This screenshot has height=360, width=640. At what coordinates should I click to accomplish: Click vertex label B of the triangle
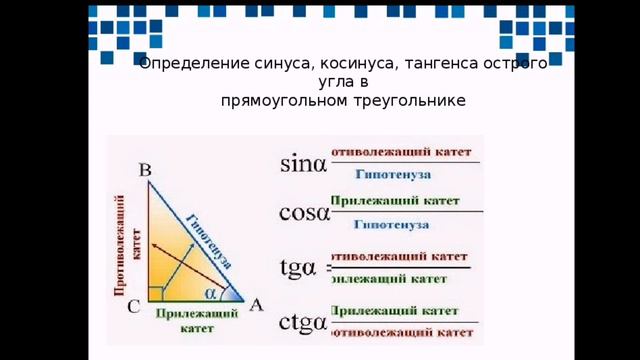[x=145, y=171]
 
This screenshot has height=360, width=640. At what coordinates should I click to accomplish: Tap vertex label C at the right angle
[x=133, y=309]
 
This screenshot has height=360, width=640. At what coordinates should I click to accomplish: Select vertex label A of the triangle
[x=255, y=306]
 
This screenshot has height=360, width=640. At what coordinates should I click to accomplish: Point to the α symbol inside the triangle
[x=211, y=294]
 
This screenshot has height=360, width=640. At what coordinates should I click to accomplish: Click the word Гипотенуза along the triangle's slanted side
[x=209, y=241]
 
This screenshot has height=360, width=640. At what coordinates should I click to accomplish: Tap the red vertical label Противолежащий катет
[x=126, y=245]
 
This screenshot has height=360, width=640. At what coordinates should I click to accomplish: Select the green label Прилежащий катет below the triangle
[x=196, y=320]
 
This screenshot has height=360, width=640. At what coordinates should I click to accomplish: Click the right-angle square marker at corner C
[x=155, y=293]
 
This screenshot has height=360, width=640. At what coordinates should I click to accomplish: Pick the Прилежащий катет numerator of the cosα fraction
[x=395, y=200]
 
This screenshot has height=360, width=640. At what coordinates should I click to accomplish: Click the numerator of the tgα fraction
[x=399, y=256]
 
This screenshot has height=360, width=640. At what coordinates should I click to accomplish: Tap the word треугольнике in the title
[x=413, y=101]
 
